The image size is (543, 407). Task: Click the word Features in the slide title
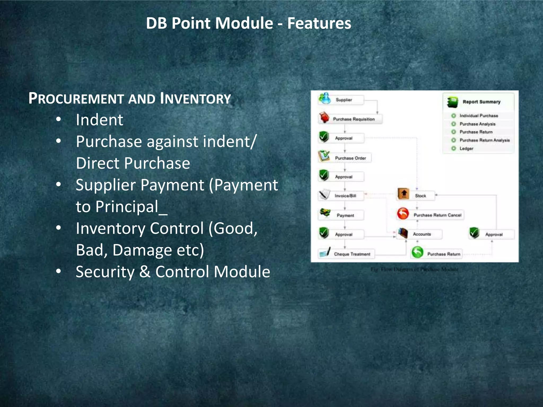point(319,23)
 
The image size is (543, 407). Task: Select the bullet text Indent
point(99,120)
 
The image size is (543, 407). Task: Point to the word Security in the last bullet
point(105,272)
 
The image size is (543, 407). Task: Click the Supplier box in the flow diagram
point(344,100)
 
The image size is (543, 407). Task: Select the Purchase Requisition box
point(353,119)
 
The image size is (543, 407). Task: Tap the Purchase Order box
point(350,158)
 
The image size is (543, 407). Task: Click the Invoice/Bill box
point(345,196)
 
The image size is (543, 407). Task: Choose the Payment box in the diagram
point(345,215)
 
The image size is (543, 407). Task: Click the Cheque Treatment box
point(352,254)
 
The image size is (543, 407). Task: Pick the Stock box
point(420,196)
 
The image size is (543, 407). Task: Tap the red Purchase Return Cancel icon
point(403,214)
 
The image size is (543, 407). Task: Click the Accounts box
point(422,234)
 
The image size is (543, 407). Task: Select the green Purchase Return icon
point(417,252)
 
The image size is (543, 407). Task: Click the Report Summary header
point(481,102)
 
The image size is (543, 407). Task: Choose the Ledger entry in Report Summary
point(466,149)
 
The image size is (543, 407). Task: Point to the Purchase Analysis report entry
point(477,124)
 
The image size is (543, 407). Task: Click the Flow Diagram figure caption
point(414,269)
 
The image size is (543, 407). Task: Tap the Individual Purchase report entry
point(479,116)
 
